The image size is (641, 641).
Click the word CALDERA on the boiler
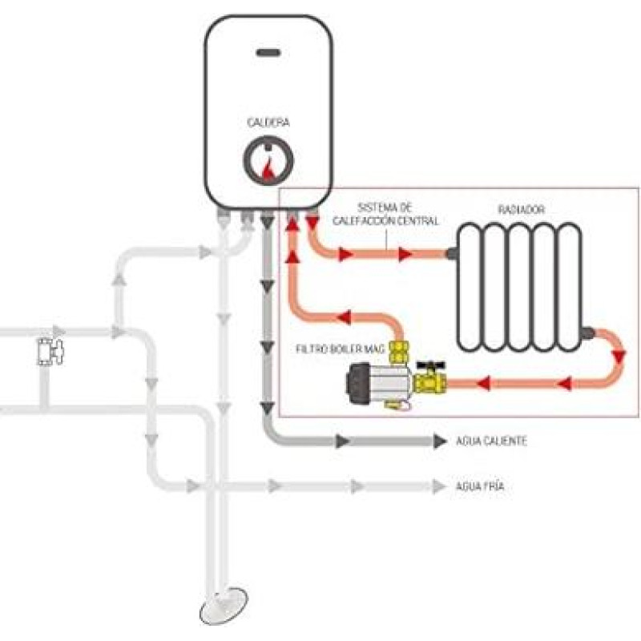268,123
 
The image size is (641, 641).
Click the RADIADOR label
521,209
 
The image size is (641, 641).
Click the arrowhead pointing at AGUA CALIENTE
439,441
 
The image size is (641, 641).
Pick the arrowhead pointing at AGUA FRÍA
438,486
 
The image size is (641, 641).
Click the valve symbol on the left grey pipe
49,351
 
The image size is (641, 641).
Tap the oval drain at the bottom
223,609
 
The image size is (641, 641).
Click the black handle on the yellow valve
429,365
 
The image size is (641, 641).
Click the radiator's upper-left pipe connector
454,254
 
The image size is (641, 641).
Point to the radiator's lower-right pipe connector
589,331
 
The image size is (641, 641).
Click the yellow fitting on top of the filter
400,349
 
